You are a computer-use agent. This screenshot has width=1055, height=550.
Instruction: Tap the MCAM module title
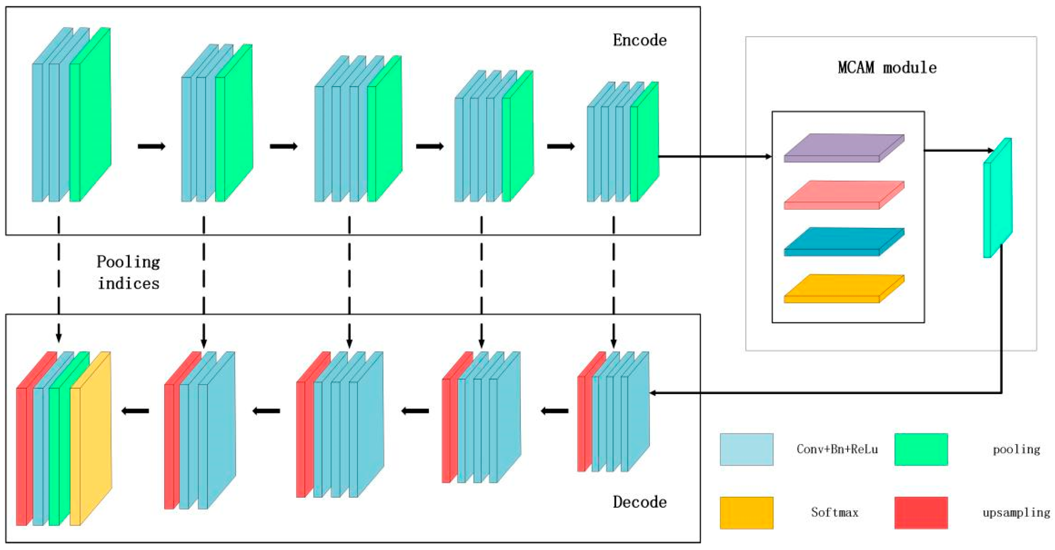[x=887, y=67]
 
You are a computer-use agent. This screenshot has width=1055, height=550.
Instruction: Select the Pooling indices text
[x=128, y=272]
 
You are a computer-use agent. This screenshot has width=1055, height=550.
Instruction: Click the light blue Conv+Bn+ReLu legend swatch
[x=746, y=449]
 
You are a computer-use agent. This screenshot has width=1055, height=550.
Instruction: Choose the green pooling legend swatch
[x=921, y=449]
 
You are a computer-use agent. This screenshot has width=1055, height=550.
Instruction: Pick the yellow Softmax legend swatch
[x=746, y=513]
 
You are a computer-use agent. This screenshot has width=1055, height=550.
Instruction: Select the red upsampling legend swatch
[x=921, y=513]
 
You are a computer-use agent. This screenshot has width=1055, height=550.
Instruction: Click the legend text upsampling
[x=1016, y=513]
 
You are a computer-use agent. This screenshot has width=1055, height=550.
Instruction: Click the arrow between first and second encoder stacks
[x=151, y=146]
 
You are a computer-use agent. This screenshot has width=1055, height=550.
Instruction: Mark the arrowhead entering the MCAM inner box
[x=768, y=156]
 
